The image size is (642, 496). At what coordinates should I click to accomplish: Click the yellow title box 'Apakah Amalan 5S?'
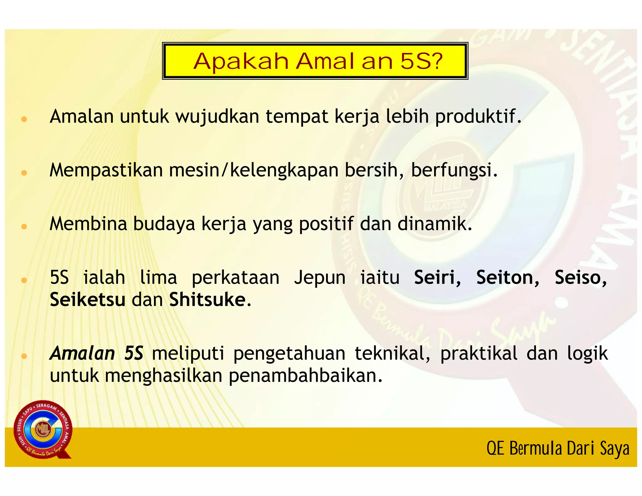click(x=315, y=61)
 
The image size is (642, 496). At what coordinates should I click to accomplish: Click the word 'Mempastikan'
click(x=106, y=171)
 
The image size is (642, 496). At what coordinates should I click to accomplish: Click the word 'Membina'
click(x=88, y=224)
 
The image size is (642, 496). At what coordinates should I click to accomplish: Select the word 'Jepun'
click(x=320, y=278)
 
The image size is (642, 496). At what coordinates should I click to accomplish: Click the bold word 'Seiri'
click(x=437, y=278)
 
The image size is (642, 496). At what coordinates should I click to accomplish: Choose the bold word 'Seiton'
click(x=507, y=278)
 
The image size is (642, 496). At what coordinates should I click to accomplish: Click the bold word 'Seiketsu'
click(x=88, y=300)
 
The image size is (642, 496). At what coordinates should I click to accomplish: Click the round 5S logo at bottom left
click(x=43, y=430)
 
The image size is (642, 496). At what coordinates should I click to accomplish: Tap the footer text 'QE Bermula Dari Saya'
click(x=558, y=448)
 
